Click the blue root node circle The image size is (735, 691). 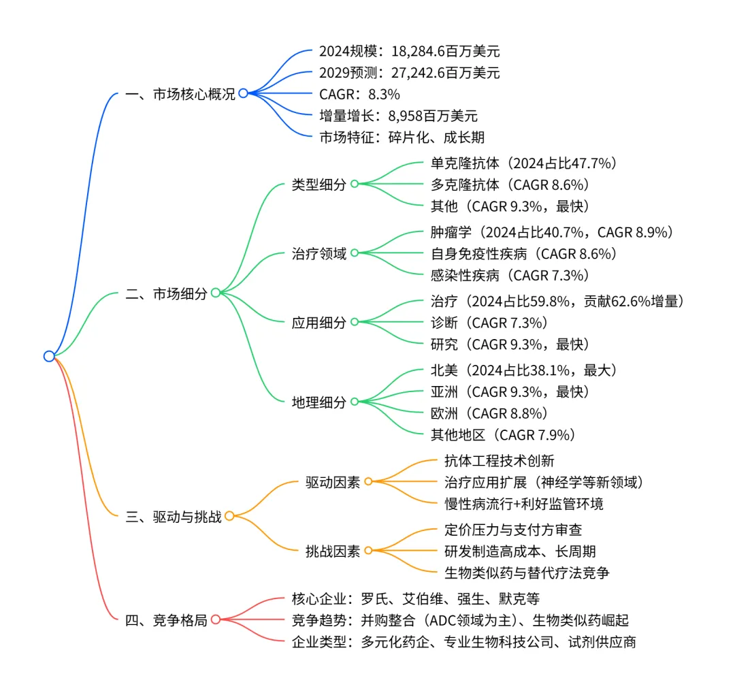pyautogui.click(x=49, y=356)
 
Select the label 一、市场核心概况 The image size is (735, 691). pyautogui.click(x=180, y=95)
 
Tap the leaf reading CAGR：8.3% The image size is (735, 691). pyautogui.click(x=359, y=94)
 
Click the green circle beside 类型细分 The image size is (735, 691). pyautogui.click(x=355, y=184)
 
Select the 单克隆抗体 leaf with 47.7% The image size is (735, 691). pyautogui.click(x=523, y=163)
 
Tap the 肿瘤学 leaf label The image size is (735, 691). pyautogui.click(x=552, y=232)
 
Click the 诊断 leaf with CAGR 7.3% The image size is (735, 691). pyautogui.click(x=489, y=322)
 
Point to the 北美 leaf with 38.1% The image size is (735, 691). pyautogui.click(x=523, y=370)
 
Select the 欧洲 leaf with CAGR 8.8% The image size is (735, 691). pyautogui.click(x=489, y=413)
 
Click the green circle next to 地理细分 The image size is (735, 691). pyautogui.click(x=355, y=402)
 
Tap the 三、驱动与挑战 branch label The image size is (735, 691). pyautogui.click(x=174, y=517)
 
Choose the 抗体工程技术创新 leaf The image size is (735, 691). pyautogui.click(x=499, y=461)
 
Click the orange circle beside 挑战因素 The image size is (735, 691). pyautogui.click(x=368, y=551)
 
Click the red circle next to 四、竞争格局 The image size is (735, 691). pyautogui.click(x=215, y=620)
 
